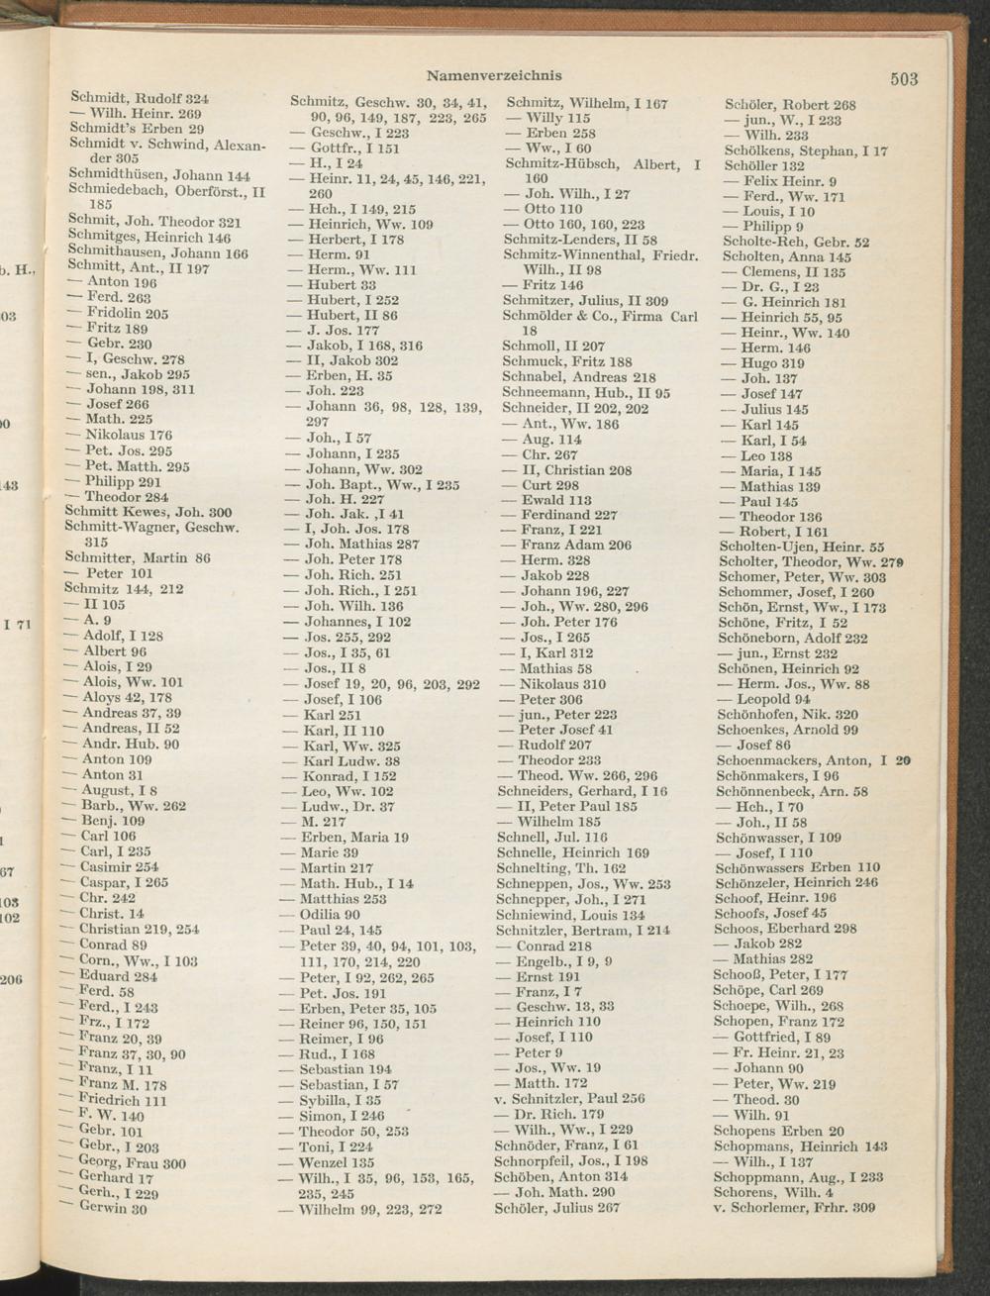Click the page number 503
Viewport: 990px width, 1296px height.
point(904,79)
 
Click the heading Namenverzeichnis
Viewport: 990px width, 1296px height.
point(494,75)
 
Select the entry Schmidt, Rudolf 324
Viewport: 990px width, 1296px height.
point(140,99)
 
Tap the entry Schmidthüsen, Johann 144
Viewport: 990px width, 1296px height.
point(158,175)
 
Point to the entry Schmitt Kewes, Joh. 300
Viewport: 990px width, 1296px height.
point(148,512)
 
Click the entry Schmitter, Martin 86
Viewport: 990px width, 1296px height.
point(138,558)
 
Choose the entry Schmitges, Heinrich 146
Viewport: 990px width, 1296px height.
point(149,238)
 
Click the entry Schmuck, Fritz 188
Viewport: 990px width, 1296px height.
point(567,362)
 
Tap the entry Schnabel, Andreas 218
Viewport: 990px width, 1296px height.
point(579,377)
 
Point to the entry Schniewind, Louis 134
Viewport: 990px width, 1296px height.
point(570,915)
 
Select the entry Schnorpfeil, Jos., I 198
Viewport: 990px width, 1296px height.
point(571,1160)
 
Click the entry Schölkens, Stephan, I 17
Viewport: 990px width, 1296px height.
point(806,151)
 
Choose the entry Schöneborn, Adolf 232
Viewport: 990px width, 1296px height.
point(792,639)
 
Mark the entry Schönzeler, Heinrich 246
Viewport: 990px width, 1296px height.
point(797,882)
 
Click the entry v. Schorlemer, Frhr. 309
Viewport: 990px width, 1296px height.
point(794,1207)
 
